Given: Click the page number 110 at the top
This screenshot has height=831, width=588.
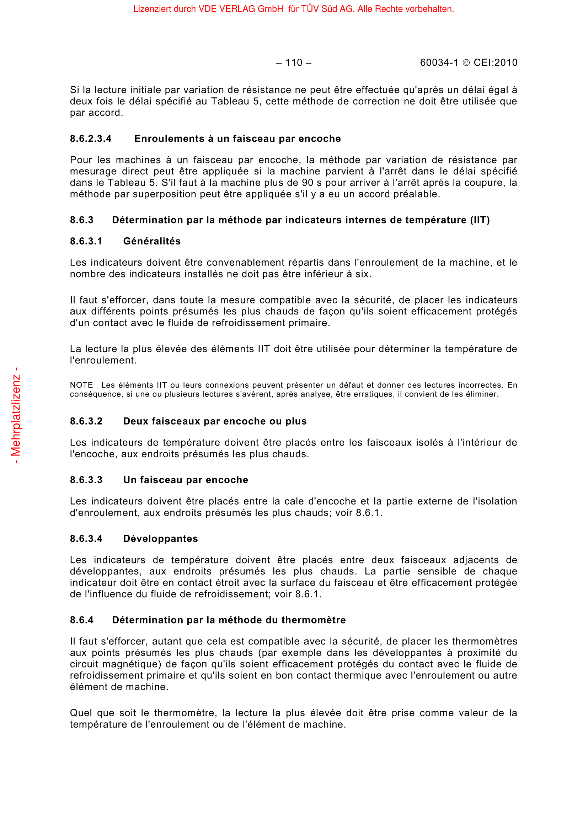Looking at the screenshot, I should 294,63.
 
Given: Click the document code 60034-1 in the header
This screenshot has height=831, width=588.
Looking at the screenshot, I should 439,63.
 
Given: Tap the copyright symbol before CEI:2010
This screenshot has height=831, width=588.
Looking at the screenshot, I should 466,63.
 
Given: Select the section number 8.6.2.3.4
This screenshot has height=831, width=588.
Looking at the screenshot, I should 91,139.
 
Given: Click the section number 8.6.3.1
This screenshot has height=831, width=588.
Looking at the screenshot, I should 86,241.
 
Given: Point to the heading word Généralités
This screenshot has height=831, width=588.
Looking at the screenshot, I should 152,241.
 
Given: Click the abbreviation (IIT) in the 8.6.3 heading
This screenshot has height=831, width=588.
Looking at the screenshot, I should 480,220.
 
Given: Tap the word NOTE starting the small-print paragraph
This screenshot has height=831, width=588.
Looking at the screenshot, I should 81,385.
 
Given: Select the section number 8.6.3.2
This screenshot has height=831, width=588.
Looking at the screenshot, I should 86,421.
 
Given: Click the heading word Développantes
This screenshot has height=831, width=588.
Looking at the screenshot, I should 160,539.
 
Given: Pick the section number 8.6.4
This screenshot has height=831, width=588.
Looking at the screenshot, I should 81,620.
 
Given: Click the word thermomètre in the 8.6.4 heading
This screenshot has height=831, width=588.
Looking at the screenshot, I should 314,620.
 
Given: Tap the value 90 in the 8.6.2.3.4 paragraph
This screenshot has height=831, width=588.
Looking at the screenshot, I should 308,183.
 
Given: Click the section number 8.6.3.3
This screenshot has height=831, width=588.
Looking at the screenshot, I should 86,480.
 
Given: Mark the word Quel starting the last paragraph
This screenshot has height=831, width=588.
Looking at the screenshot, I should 81,713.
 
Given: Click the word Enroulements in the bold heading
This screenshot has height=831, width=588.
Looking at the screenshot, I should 169,139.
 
